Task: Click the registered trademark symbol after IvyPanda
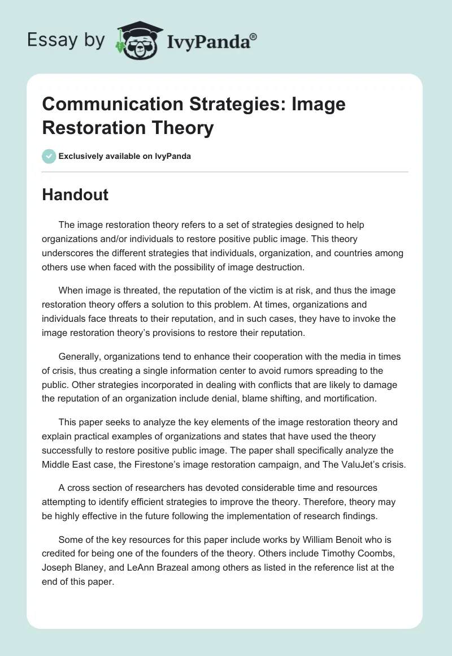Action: coord(254,36)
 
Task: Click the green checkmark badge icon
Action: coord(49,156)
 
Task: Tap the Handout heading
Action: coord(75,195)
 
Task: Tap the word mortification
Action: coord(349,398)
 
